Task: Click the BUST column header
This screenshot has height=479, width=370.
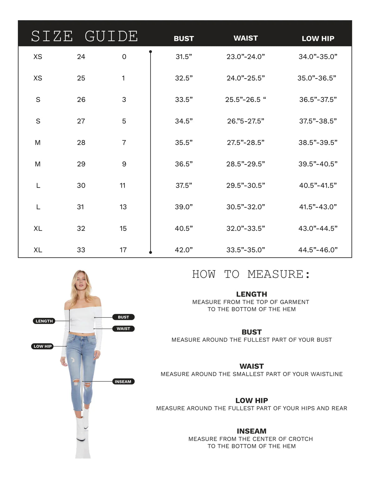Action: click(184, 39)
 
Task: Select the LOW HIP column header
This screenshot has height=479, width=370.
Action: click(318, 39)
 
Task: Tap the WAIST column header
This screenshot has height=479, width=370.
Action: click(246, 38)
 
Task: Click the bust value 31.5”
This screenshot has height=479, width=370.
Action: click(184, 57)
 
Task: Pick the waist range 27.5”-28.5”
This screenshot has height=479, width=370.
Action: click(246, 143)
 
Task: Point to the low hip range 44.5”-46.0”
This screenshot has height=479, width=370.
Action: click(318, 250)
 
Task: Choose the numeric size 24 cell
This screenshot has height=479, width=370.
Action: click(81, 57)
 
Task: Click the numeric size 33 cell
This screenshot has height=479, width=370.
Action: click(81, 250)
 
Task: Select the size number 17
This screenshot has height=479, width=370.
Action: click(123, 250)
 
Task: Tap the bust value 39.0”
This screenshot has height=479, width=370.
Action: click(184, 207)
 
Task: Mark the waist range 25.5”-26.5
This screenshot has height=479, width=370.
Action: click(246, 99)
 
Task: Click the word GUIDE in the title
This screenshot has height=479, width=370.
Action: click(111, 36)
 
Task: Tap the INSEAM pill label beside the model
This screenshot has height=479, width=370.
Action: click(123, 382)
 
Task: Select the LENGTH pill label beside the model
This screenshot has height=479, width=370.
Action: click(44, 321)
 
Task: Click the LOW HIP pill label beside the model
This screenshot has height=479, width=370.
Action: click(42, 346)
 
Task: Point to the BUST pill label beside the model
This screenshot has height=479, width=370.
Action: click(123, 317)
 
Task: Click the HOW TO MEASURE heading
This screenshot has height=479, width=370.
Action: click(251, 274)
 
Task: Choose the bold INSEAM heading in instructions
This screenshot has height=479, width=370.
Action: click(252, 431)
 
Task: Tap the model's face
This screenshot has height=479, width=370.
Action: click(81, 284)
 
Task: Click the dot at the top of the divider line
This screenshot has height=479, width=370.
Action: click(151, 52)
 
